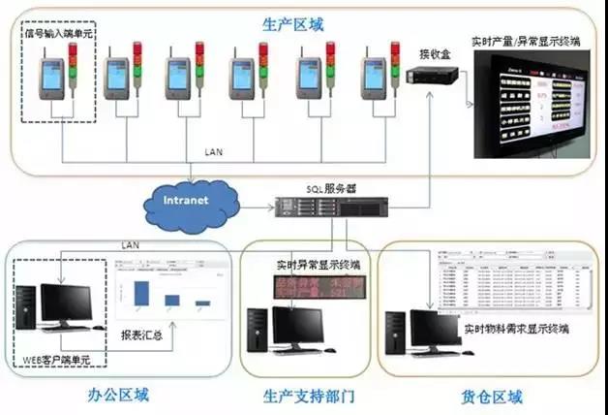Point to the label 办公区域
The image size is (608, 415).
[98, 397]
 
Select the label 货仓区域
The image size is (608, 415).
[491, 397]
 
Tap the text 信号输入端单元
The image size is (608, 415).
[60, 36]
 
